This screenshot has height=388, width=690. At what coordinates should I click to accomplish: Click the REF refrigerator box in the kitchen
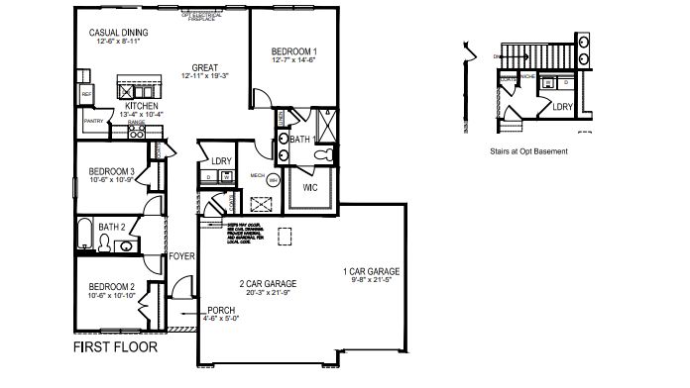87,95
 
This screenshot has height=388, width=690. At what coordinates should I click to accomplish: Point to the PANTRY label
94,122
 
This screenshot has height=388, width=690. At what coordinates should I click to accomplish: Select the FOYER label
181,255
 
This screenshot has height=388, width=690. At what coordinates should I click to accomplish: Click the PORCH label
221,310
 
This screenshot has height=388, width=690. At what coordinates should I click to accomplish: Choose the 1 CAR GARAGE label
371,270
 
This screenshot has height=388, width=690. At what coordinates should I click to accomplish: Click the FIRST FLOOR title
115,348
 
